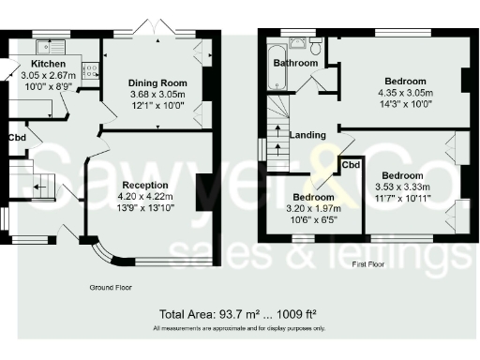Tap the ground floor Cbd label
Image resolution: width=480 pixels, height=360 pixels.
[x=17, y=137]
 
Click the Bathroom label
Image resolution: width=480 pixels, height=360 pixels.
[x=294, y=63]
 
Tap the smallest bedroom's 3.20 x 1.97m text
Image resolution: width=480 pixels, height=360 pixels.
[x=311, y=208]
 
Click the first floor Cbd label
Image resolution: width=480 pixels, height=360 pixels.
[x=350, y=165]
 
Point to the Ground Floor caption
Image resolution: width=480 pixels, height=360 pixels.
[x=112, y=285]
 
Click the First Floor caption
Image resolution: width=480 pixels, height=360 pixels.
[x=369, y=266]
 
